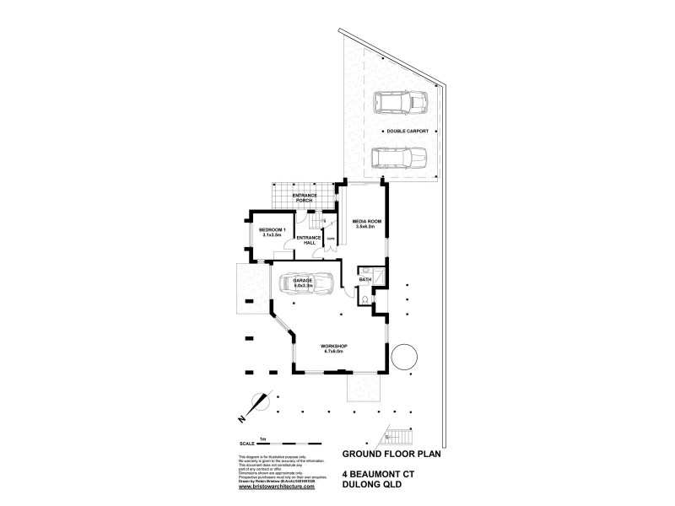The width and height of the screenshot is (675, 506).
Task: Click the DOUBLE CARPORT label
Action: click(408, 132)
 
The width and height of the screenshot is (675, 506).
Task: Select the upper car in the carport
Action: click(402, 104)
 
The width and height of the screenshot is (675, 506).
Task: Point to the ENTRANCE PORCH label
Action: click(304, 198)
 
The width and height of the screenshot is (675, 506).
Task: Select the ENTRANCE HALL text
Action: click(309, 240)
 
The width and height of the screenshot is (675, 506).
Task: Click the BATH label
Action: click(365, 279)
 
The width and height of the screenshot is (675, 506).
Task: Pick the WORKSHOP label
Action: click(334, 349)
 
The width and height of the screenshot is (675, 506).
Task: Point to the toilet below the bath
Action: click(364, 299)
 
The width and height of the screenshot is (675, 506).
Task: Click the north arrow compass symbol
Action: click(256, 406)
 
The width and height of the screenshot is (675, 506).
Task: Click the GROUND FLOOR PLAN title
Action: click(391, 453)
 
